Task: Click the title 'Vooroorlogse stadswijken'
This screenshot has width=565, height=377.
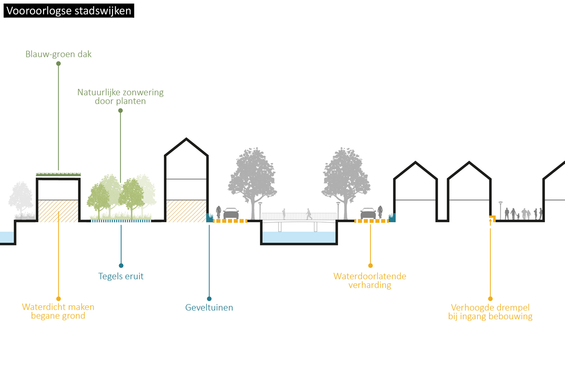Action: (x=69, y=11)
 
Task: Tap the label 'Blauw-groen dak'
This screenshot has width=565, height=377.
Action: (x=59, y=54)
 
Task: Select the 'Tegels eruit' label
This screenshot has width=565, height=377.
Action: (x=121, y=276)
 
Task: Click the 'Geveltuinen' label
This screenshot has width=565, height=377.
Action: (x=209, y=307)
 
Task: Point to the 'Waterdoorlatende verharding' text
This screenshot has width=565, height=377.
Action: (x=370, y=280)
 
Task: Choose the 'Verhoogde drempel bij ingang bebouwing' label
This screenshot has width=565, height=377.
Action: (x=490, y=312)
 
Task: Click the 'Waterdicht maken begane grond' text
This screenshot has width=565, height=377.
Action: (x=58, y=311)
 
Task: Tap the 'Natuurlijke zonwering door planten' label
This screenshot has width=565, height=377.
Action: (x=120, y=97)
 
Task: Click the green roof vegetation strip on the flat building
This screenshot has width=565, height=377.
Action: (x=58, y=174)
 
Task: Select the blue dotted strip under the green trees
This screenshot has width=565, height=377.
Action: (x=121, y=221)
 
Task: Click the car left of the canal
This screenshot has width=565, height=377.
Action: (x=231, y=213)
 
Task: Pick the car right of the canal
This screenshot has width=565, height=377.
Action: (x=368, y=213)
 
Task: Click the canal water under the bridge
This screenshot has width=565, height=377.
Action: (x=299, y=237)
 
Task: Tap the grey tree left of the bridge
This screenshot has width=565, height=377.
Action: (x=253, y=183)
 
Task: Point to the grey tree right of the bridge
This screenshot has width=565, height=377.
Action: (x=346, y=183)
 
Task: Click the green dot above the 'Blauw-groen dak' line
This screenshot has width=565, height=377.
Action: (x=59, y=63)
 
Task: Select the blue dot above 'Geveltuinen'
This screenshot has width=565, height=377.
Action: (x=209, y=299)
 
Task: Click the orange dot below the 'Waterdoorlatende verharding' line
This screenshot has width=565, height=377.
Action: (x=370, y=265)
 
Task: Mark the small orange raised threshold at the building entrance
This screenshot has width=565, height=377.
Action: (x=492, y=218)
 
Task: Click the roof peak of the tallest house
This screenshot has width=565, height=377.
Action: (x=186, y=139)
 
